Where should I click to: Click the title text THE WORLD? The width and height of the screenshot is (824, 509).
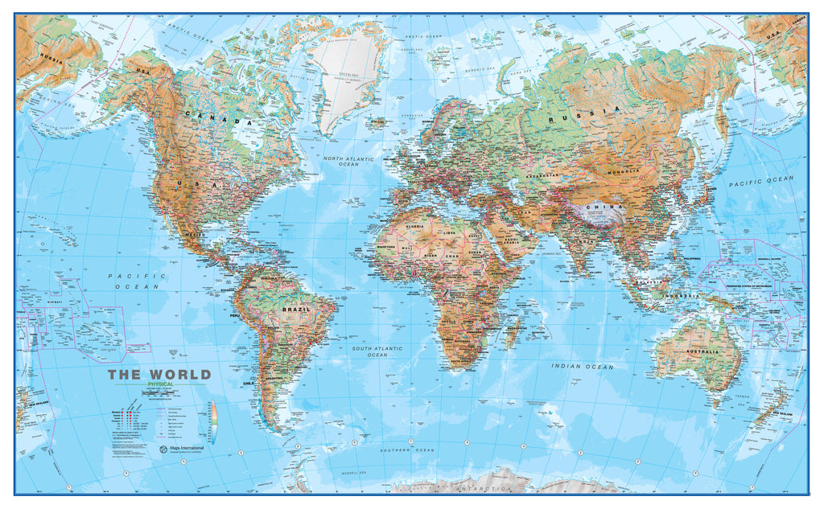159,375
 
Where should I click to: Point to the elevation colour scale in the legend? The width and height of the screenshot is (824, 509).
213,422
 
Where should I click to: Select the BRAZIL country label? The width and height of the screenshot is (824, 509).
295,309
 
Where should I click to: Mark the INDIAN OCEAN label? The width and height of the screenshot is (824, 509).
582,367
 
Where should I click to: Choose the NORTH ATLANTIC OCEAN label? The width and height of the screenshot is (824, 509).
348,162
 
